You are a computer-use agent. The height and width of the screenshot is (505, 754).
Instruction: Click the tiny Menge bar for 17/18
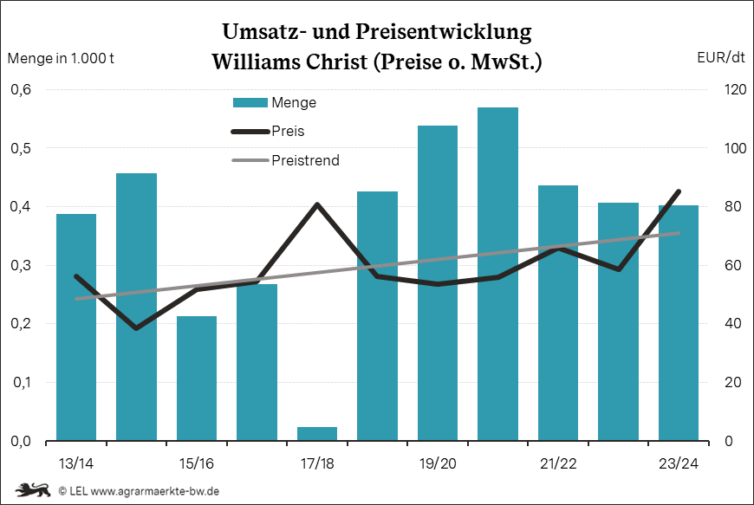coord(317,433)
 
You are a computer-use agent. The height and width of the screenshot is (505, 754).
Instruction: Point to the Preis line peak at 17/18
coord(317,204)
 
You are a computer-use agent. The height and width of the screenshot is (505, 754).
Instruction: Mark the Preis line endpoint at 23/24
coord(679,191)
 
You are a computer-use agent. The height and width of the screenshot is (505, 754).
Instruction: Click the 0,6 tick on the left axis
coord(21,90)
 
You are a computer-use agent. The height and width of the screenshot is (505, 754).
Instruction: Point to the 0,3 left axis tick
coord(21,266)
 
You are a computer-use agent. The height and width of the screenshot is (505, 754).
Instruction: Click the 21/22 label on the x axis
coord(558,463)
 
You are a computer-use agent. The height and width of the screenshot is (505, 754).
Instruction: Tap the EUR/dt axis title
coord(720,59)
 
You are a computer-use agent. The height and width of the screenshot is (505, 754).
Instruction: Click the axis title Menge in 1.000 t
coord(61,59)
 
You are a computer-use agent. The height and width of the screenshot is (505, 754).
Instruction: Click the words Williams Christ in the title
coord(287,63)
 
